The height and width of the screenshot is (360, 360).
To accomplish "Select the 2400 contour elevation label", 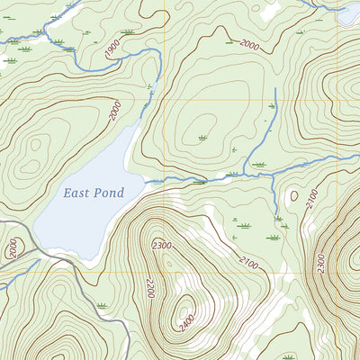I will [x=186, y=319].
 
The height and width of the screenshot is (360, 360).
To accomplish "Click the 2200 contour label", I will [x=149, y=287].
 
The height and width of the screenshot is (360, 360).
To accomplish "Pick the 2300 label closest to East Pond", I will [x=162, y=245].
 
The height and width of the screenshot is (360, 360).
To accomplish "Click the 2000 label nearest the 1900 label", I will [x=114, y=111].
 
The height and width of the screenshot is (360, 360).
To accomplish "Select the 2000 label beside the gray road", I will [x=13, y=248].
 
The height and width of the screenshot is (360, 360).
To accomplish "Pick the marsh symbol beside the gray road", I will [x=102, y=306].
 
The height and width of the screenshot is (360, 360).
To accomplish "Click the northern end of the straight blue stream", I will [x=274, y=89].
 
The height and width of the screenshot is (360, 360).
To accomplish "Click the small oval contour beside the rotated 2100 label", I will [x=294, y=194].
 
